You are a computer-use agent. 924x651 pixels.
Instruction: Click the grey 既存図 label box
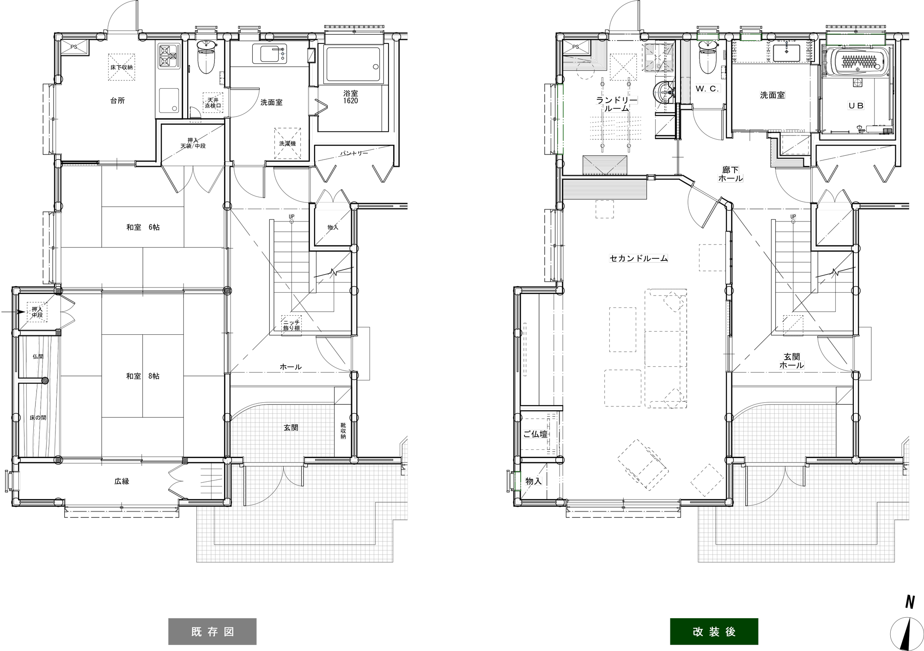(x=212, y=631)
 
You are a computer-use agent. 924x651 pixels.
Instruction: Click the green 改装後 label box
(x=714, y=631)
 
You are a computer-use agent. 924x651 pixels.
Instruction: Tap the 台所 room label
(x=117, y=100)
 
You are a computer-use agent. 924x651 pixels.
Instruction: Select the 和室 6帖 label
(x=143, y=227)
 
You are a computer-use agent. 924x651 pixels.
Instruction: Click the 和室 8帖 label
(x=143, y=376)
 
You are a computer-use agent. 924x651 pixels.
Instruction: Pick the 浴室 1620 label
(x=351, y=97)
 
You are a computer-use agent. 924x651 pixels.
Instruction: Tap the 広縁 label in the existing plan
(x=122, y=481)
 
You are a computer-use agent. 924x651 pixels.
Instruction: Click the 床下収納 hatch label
(x=122, y=68)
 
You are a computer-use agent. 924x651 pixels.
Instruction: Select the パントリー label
(x=354, y=153)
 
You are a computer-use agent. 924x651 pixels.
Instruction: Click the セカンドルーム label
(x=638, y=258)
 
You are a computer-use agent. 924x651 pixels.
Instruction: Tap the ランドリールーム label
(x=616, y=104)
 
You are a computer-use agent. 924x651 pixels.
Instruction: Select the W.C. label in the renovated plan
(x=707, y=89)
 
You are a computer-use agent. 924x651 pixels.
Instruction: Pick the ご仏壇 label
(x=535, y=434)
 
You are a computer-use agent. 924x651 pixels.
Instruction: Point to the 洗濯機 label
(x=287, y=144)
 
